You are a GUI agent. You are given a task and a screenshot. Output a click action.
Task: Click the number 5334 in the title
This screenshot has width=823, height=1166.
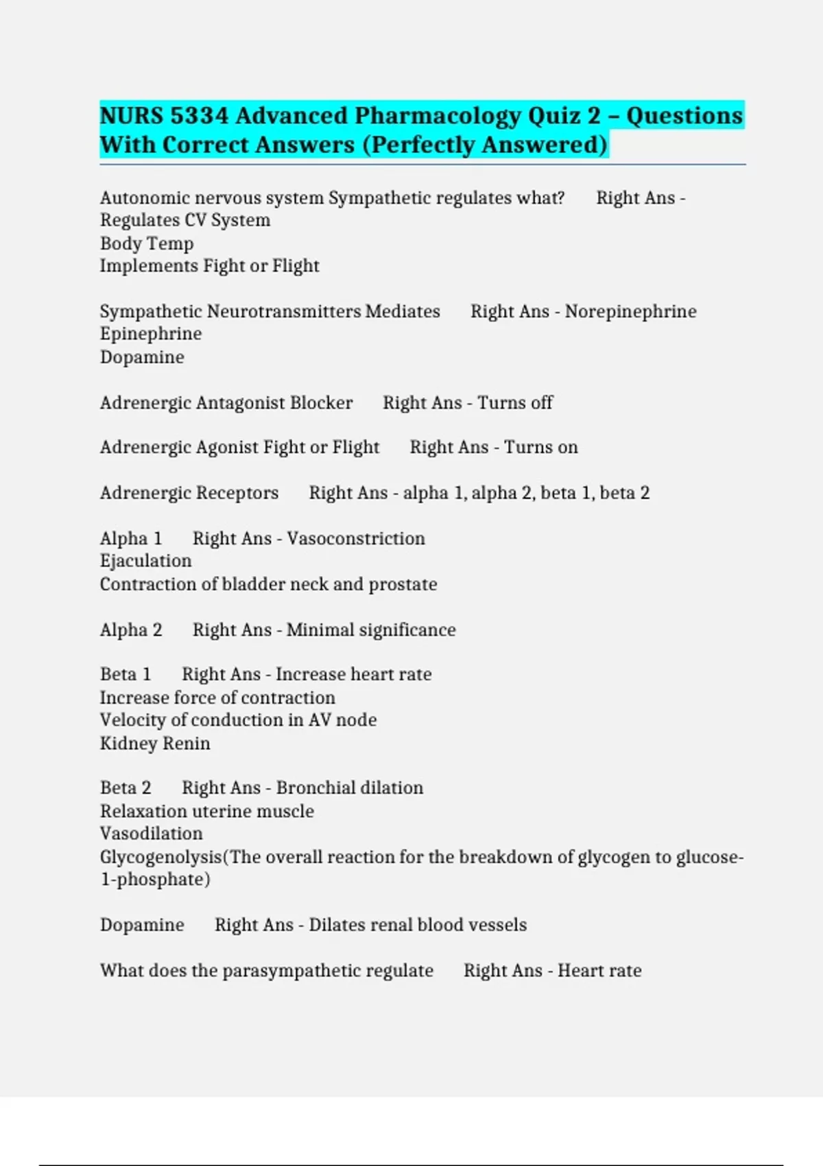[x=199, y=116]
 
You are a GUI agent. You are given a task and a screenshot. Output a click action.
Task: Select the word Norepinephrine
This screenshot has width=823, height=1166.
[x=630, y=311]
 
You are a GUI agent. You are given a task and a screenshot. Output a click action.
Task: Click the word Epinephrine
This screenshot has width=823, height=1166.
[x=151, y=334]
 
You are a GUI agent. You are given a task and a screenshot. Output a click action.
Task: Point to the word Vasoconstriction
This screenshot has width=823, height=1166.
[x=356, y=538]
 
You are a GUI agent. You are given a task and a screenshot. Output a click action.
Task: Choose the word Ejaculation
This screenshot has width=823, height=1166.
[x=146, y=561]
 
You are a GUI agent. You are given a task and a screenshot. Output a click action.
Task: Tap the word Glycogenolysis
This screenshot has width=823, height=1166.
[x=160, y=857]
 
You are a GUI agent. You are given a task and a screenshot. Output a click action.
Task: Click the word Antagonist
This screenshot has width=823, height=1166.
[x=241, y=403]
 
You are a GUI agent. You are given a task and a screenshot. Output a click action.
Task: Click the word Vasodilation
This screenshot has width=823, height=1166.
[x=152, y=834]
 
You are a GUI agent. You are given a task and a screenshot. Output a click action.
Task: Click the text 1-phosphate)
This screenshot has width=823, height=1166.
[x=155, y=880]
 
